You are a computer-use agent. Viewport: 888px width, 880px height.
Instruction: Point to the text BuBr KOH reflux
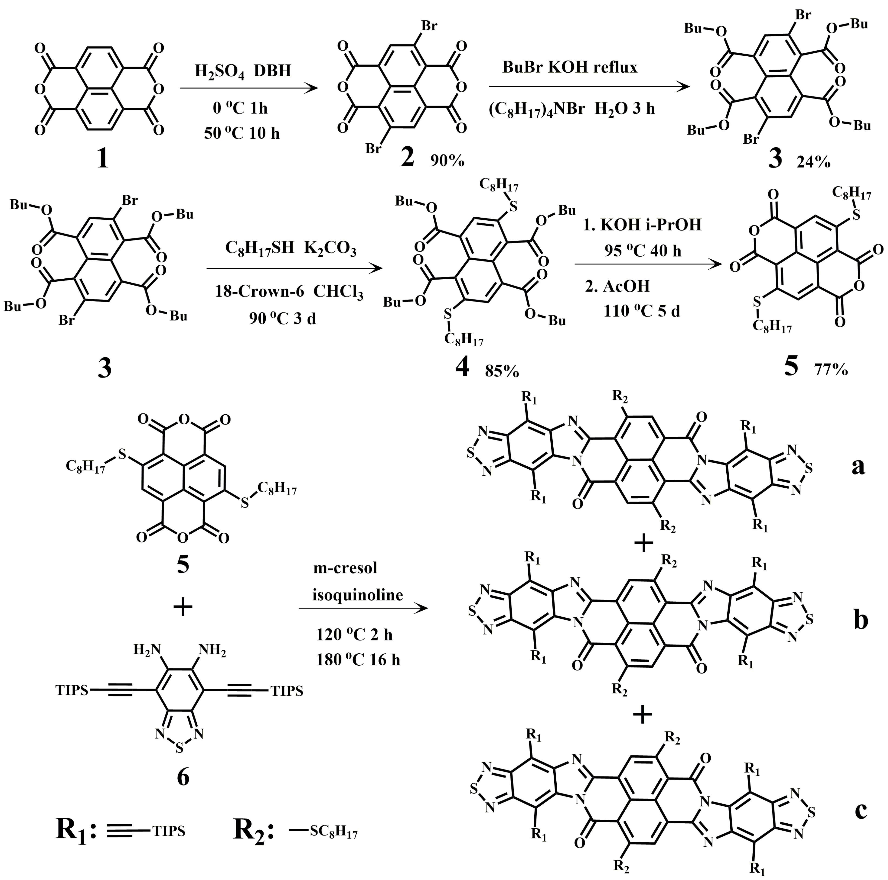click(x=570, y=68)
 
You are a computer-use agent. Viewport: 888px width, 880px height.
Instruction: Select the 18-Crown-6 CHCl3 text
click(x=289, y=292)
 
